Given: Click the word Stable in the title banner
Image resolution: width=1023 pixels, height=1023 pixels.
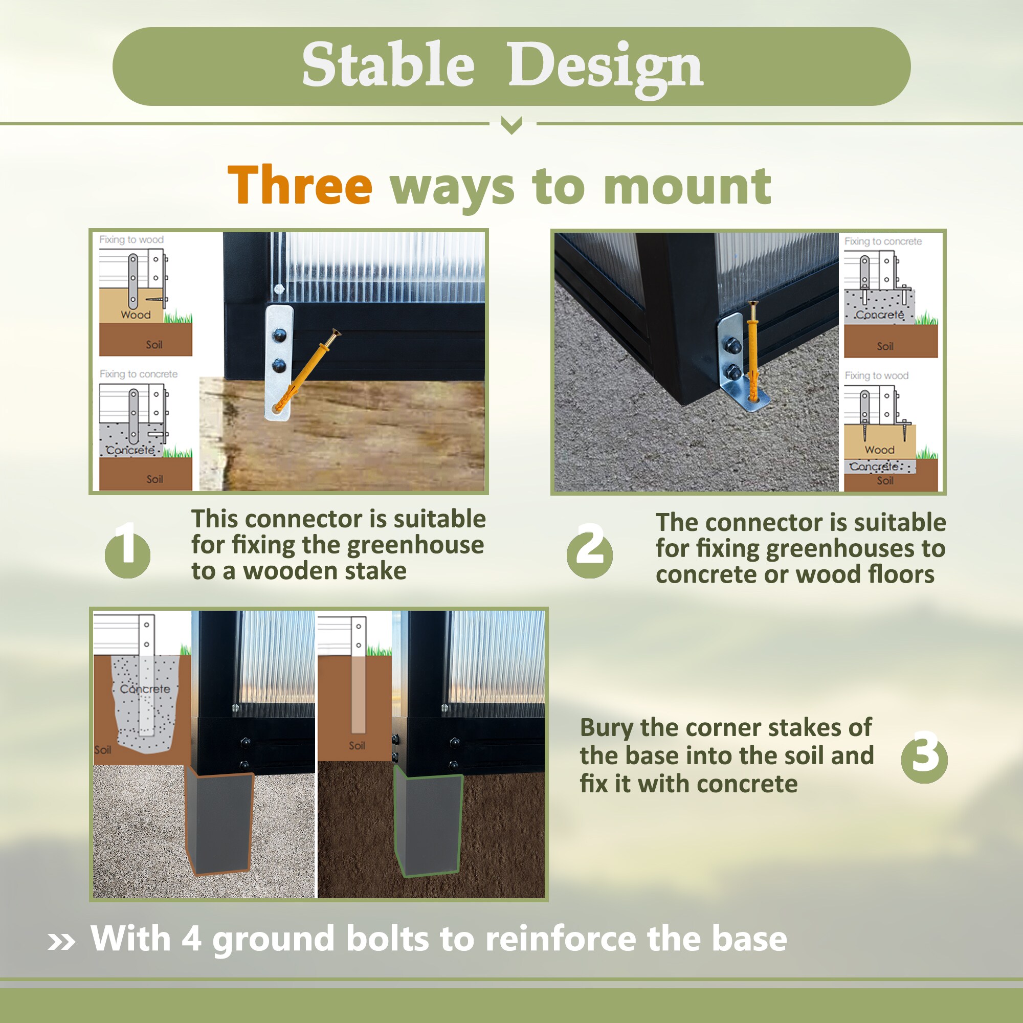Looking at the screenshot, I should [388, 64].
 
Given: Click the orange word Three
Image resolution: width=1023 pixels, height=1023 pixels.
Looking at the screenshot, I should [300, 185].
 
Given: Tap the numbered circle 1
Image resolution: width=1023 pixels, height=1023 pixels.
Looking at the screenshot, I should [127, 552].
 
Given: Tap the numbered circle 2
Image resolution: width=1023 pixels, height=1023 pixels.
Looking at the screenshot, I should [589, 552].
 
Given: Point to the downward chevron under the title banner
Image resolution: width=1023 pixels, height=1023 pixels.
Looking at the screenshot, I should [511, 126].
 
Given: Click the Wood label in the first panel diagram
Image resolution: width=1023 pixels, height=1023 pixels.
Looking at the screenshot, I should [136, 315].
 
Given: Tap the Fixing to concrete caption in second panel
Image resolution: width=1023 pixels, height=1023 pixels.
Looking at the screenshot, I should [883, 241].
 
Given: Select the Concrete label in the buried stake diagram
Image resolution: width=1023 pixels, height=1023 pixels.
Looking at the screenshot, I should [145, 689].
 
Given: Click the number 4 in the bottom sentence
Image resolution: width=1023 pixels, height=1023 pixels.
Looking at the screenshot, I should [191, 939].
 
